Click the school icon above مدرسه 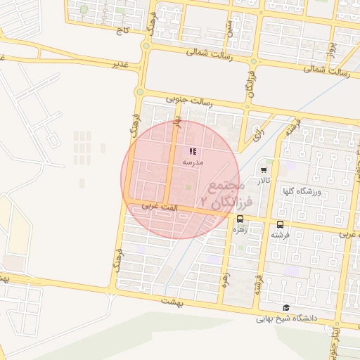tap(193, 151)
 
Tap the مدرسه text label tap(193, 162)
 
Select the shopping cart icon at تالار tap(264, 170)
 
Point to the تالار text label tap(264, 181)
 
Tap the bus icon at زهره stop tap(240, 219)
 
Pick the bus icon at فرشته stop tap(280, 224)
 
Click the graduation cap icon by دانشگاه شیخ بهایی tap(285, 308)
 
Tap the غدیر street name tap(121, 63)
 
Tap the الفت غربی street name tap(156, 207)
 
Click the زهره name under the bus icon tap(240, 229)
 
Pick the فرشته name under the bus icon tap(280, 235)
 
